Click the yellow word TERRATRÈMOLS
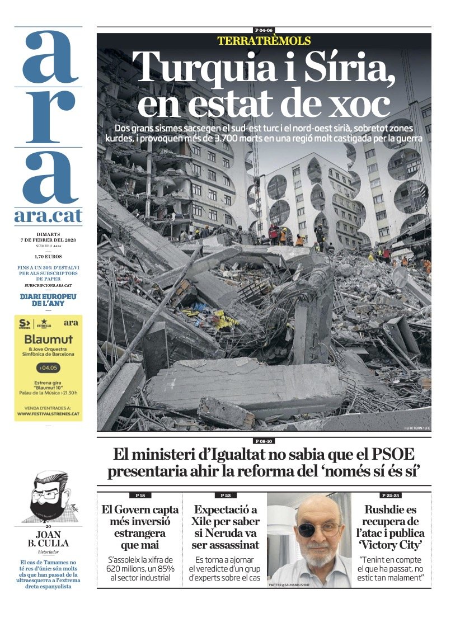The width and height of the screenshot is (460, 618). [x=264, y=41]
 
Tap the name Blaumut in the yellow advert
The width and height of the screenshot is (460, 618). [x=48, y=340]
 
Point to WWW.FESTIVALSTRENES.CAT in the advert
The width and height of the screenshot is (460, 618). [x=48, y=414]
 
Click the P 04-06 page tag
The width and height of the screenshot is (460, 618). [x=264, y=30]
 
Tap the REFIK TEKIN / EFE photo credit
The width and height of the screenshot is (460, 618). [x=416, y=428]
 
